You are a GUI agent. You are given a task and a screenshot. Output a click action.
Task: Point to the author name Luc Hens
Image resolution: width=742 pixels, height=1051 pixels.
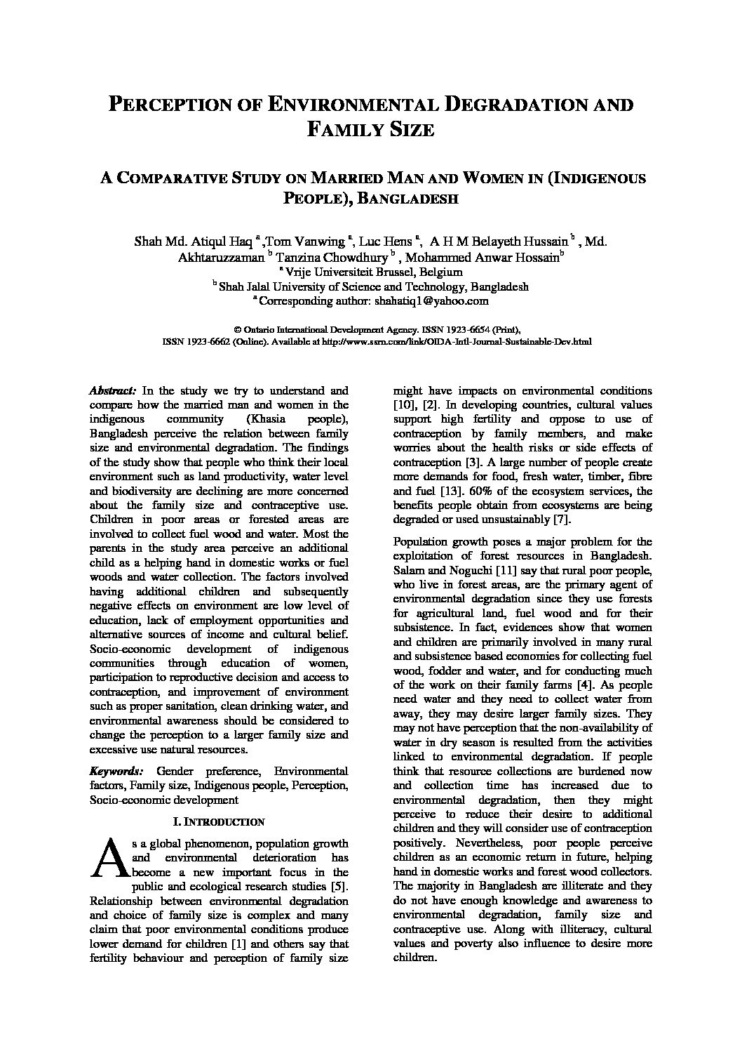point(386,242)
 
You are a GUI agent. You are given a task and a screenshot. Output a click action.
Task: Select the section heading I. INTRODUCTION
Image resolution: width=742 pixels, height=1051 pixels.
point(218,821)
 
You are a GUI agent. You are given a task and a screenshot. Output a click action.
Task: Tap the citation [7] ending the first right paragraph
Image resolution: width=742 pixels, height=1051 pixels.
point(562,520)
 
